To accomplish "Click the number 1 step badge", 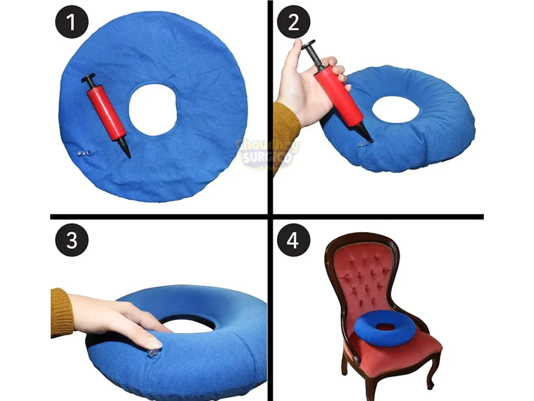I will tap(71, 22).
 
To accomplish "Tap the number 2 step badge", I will tap(293, 22).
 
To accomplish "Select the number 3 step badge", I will tap(71, 240).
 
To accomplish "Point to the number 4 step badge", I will tap(294, 240).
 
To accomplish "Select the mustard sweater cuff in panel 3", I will tap(61, 312).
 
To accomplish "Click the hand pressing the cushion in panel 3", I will tap(120, 318).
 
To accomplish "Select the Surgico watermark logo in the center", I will tap(267, 152).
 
